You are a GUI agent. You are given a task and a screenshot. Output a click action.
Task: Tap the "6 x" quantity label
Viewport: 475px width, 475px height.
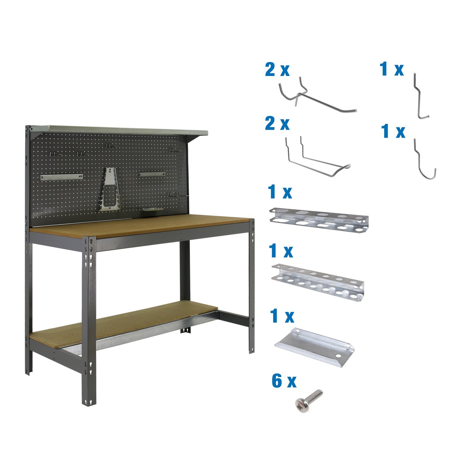(x=284, y=381)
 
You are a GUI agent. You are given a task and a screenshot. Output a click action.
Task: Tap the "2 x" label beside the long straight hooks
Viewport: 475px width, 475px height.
(x=277, y=70)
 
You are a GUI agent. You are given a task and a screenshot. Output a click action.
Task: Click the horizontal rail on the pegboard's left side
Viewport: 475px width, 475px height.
(x=61, y=177)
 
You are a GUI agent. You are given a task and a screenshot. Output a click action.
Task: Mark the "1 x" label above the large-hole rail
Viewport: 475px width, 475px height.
(x=280, y=192)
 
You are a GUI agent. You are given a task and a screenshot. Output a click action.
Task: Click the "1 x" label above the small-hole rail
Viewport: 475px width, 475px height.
(x=281, y=251)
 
